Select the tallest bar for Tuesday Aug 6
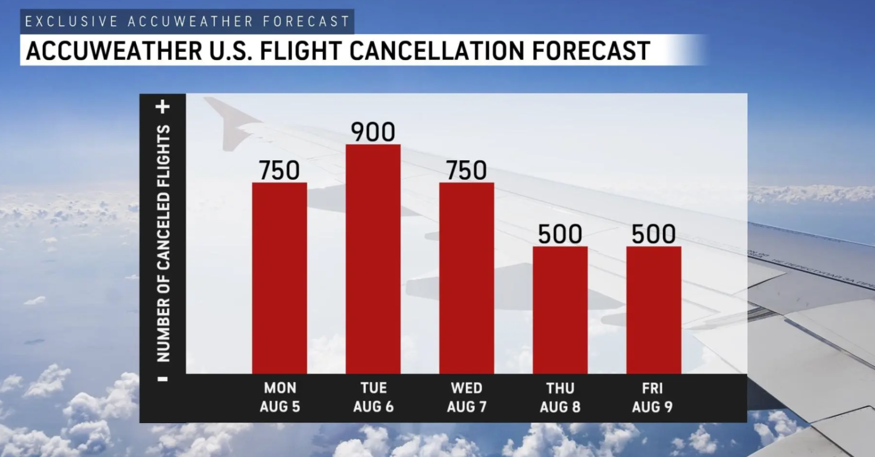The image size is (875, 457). coord(373,259)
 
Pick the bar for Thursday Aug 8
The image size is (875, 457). coord(560,310)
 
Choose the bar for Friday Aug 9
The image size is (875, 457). coord(654,310)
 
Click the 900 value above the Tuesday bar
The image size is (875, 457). coord(373,132)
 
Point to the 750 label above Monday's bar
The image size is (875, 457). coord(279,171)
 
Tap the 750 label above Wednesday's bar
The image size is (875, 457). coord(466,171)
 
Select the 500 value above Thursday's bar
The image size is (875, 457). coord(560,235)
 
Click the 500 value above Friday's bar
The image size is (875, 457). coord(654,235)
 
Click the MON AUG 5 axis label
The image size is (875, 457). coord(279,397)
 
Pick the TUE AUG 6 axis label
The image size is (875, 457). coord(373,397)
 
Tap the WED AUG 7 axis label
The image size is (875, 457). coord(466,397)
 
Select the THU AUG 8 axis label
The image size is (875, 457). coord(560,397)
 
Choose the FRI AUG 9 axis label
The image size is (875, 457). coord(652,397)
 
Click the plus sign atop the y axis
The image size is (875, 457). coord(163,107)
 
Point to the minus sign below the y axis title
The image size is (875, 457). coord(163,379)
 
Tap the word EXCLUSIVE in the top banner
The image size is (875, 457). coord(71,21)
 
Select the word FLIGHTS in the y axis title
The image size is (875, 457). coord(163,156)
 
